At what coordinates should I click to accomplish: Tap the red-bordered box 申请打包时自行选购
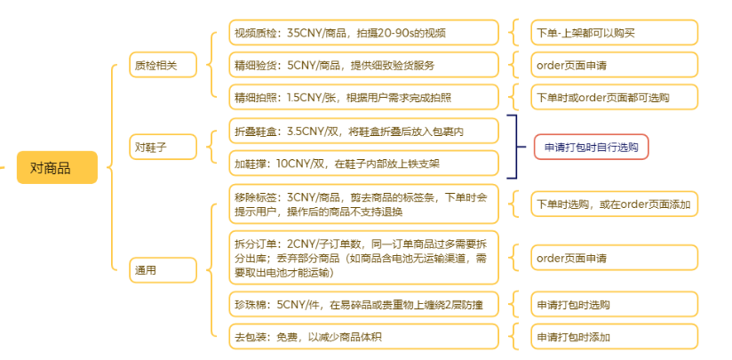[x=591, y=147]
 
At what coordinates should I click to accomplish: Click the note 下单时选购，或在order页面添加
[x=614, y=204]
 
